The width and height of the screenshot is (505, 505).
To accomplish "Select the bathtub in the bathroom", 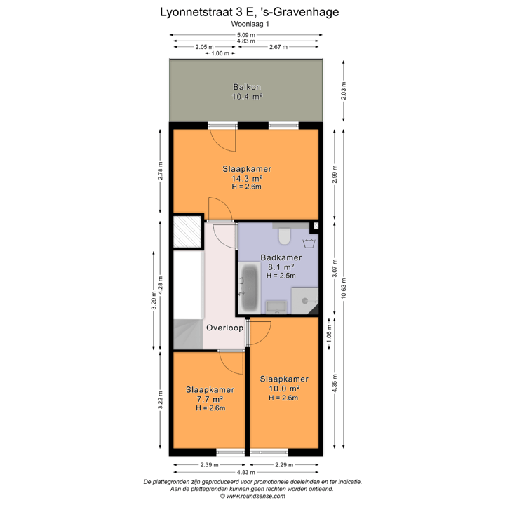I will coord(248,288).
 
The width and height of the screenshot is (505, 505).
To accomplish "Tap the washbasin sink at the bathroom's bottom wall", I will coord(274,307).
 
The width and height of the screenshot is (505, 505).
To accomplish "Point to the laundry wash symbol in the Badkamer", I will coord(307,244).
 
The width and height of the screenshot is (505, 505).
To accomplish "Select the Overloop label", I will coord(224,328).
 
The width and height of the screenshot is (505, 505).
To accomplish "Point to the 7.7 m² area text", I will coord(210,399).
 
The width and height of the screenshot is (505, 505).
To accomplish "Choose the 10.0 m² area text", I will coord(285,389).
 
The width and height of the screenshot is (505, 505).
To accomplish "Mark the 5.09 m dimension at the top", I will coord(246,35).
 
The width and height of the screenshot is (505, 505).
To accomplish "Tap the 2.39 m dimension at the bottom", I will coord(209,465).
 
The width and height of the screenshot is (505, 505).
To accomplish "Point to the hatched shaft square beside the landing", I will coord(187,234).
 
